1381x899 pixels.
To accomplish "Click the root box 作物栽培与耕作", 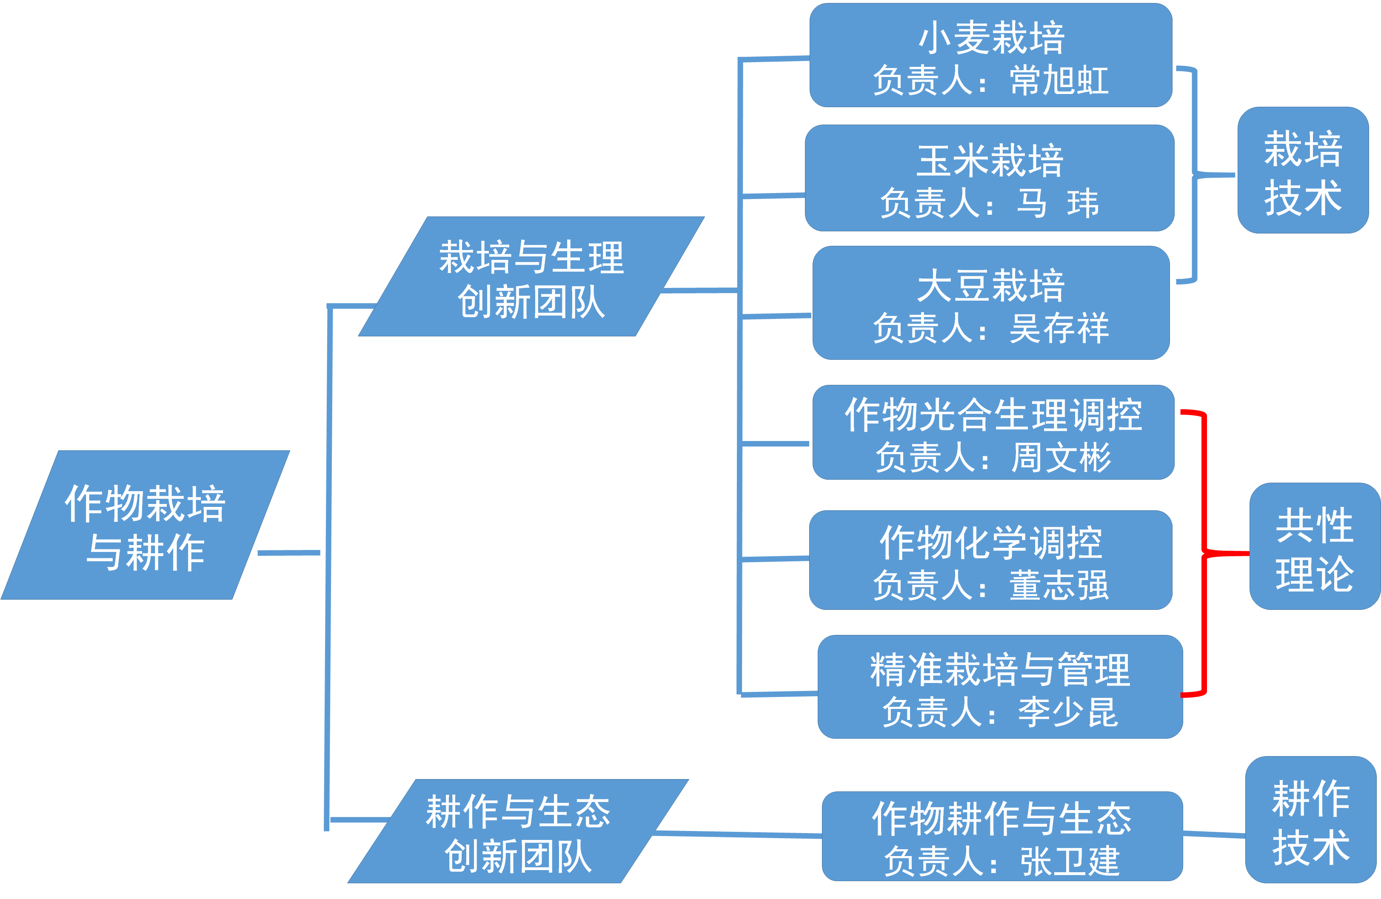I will (145, 525).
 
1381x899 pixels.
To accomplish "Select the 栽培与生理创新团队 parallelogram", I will (531, 277).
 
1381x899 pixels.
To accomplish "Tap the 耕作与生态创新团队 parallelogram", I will (518, 831).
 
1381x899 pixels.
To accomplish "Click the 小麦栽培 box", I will (990, 55).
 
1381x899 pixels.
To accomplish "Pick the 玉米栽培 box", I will (989, 178).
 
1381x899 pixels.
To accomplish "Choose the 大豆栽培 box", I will (990, 303).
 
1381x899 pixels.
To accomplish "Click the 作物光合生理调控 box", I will (993, 432).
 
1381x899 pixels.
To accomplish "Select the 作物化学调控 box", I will (990, 560).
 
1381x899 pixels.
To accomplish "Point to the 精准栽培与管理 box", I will (1000, 687).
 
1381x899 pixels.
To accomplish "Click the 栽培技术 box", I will (1303, 171).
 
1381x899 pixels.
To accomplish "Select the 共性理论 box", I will (1314, 546).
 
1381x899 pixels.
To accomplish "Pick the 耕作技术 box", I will (1311, 819).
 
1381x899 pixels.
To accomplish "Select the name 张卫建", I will (1070, 861).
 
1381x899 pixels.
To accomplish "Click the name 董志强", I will (1059, 585).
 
